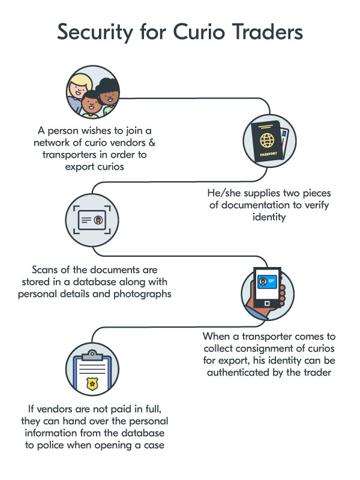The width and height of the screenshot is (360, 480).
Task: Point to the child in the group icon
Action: pos(91,103)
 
